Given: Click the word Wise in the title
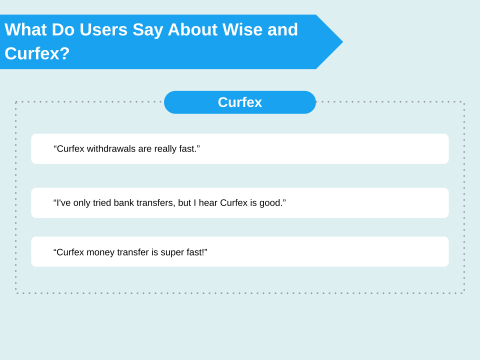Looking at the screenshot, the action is point(242,29).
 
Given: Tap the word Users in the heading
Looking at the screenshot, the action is point(103,29).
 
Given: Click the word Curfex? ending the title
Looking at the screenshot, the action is point(37,53).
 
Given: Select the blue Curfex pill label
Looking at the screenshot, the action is point(240,102).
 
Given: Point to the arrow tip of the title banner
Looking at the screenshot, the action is point(342,42).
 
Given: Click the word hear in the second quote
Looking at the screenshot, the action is point(208,202).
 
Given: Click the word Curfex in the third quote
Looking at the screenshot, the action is point(70,252).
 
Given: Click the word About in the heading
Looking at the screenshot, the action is point(192,29).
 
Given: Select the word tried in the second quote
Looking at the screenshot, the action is point(101,202).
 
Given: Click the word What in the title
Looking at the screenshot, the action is point(25,29).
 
